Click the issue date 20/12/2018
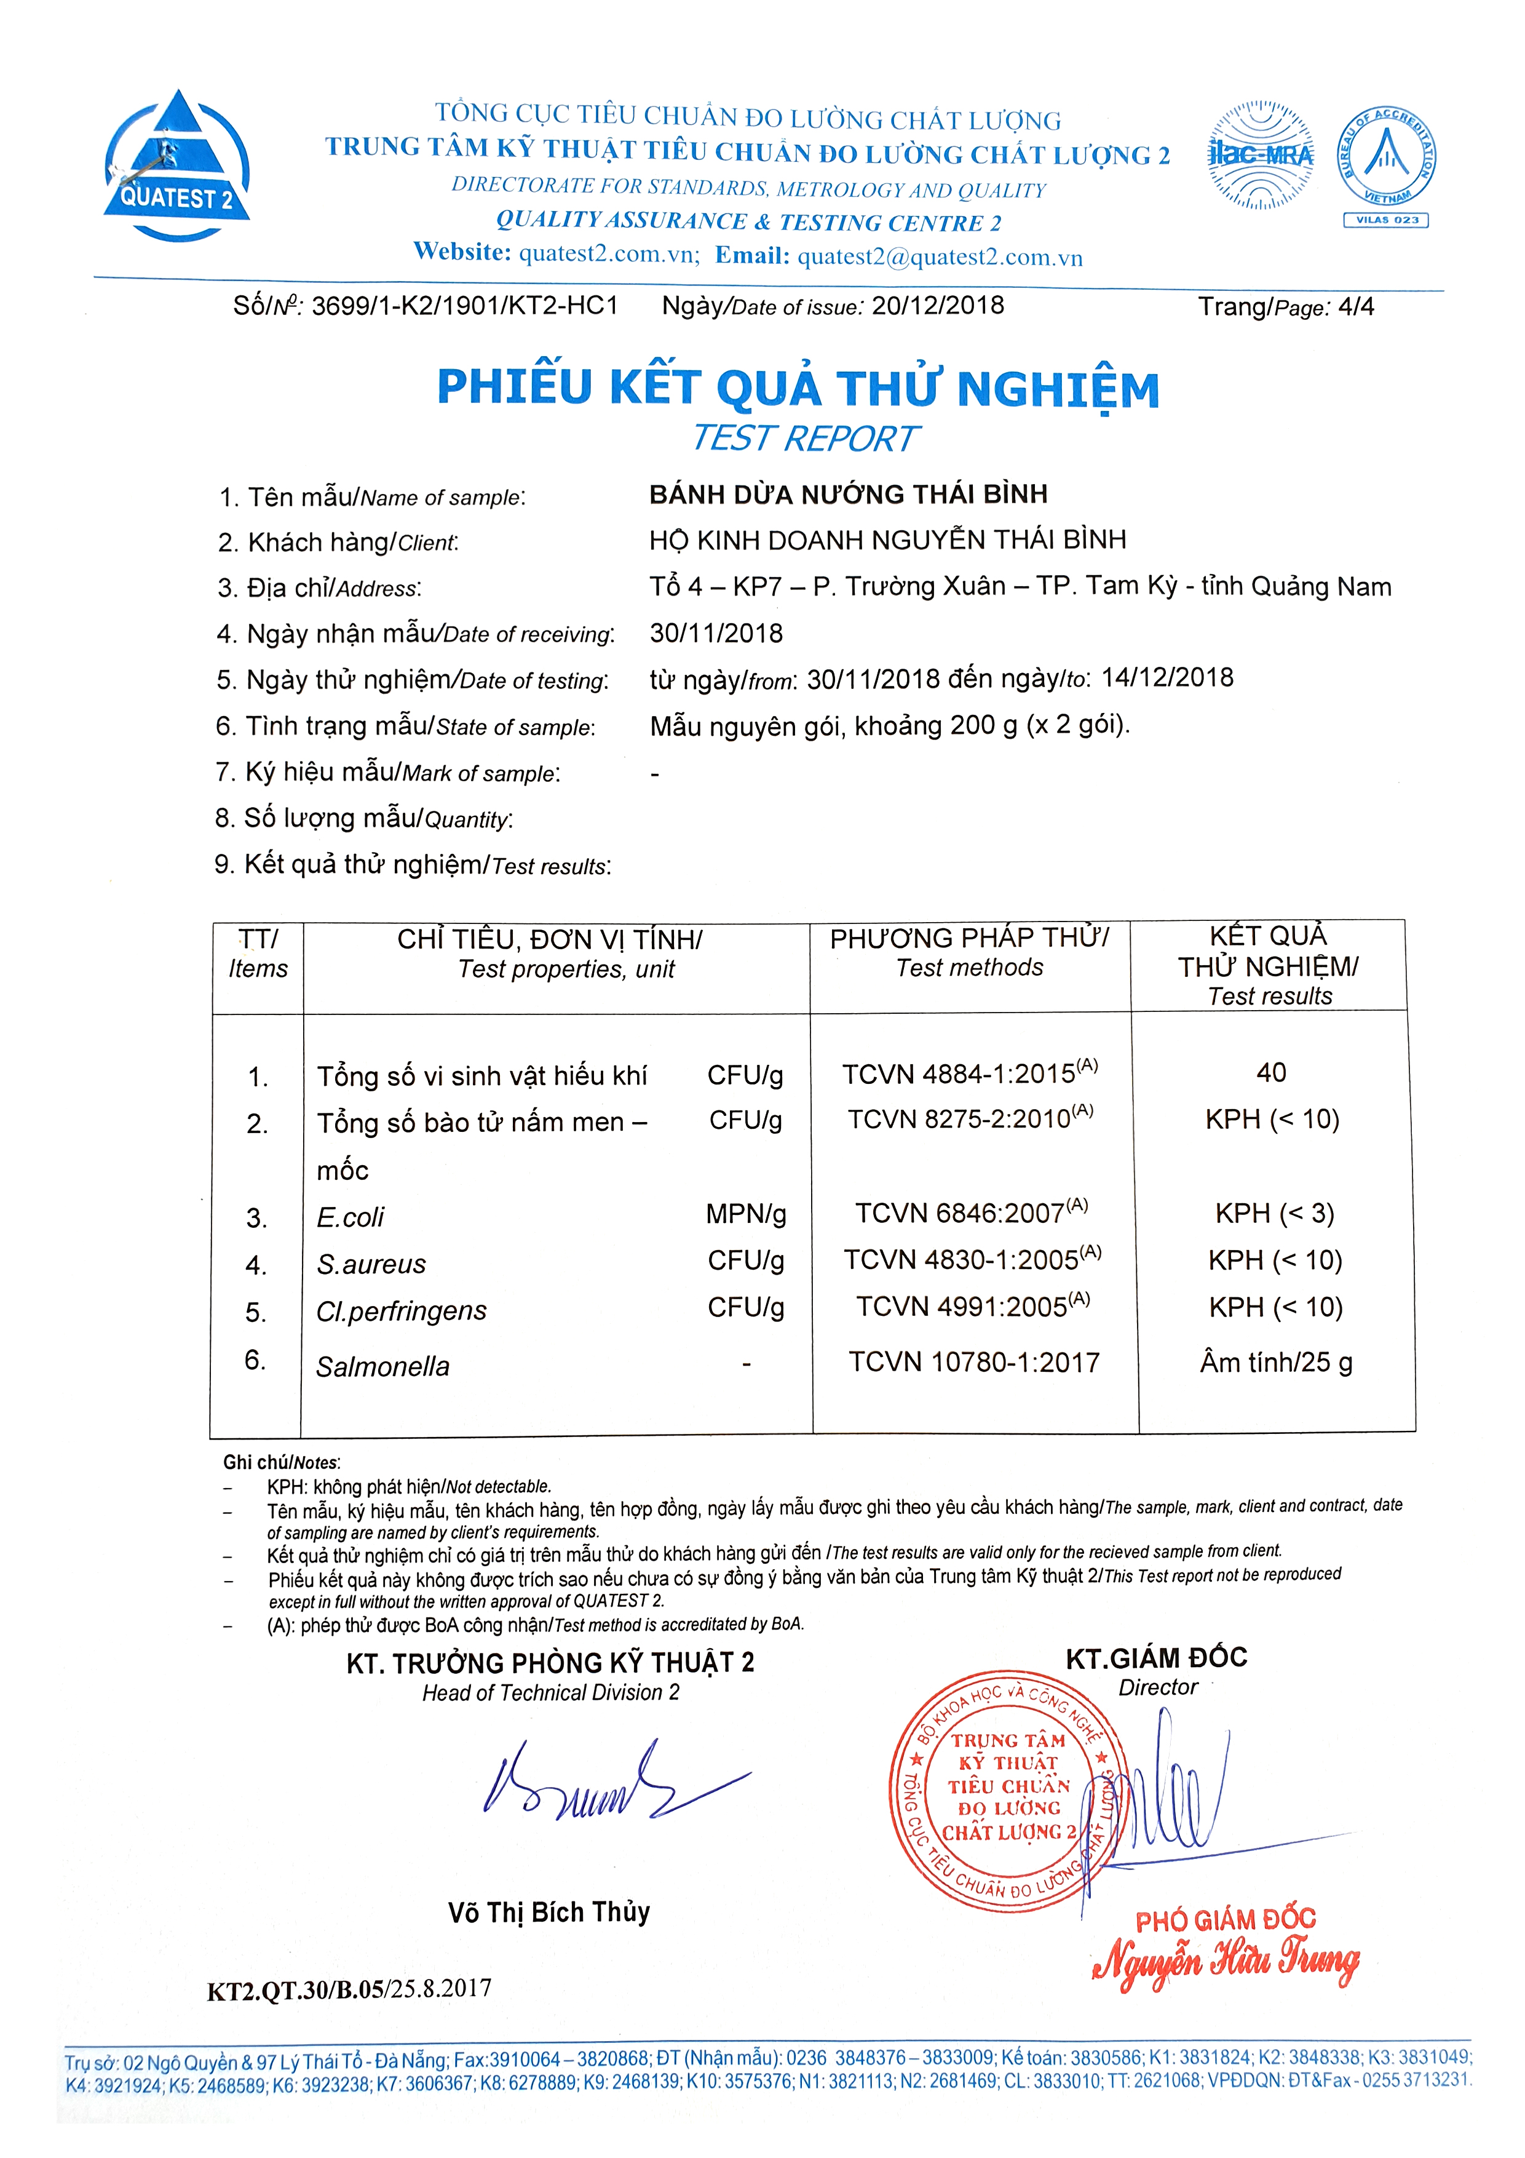point(938,306)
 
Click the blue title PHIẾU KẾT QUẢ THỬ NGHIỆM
point(798,387)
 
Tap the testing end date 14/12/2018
point(1167,678)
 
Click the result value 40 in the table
point(1271,1072)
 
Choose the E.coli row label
point(351,1217)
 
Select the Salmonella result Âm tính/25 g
point(1276,1362)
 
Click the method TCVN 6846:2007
point(970,1212)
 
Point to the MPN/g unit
point(746,1214)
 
